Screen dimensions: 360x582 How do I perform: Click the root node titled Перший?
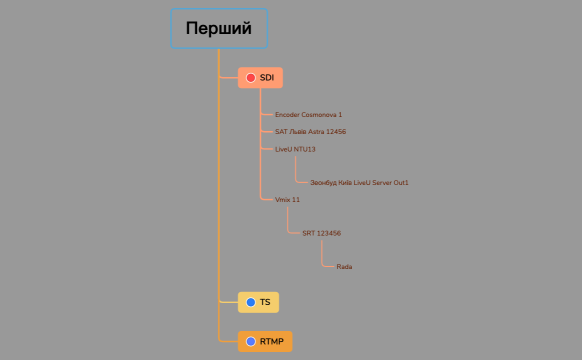219,29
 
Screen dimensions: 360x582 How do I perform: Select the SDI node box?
261,77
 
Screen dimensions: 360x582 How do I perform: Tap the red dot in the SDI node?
251,77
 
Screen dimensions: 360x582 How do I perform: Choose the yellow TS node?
257,301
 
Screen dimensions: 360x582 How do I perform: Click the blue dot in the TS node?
250,301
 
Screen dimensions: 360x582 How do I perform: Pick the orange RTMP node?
265,341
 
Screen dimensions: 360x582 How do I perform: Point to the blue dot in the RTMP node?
251,341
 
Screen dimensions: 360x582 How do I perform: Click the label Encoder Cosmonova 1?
308,115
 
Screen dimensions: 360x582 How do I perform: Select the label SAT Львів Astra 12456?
310,132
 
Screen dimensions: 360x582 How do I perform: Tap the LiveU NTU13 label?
295,149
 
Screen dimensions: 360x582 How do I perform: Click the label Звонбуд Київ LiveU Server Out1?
359,183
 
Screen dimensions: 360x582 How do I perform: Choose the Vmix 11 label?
287,200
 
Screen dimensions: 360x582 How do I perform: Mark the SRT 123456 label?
321,233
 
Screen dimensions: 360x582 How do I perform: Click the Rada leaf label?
344,267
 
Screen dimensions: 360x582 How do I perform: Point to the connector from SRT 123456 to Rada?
323,255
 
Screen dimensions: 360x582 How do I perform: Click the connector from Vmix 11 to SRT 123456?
289,221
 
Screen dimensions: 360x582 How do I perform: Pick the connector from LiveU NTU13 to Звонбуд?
296,170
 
